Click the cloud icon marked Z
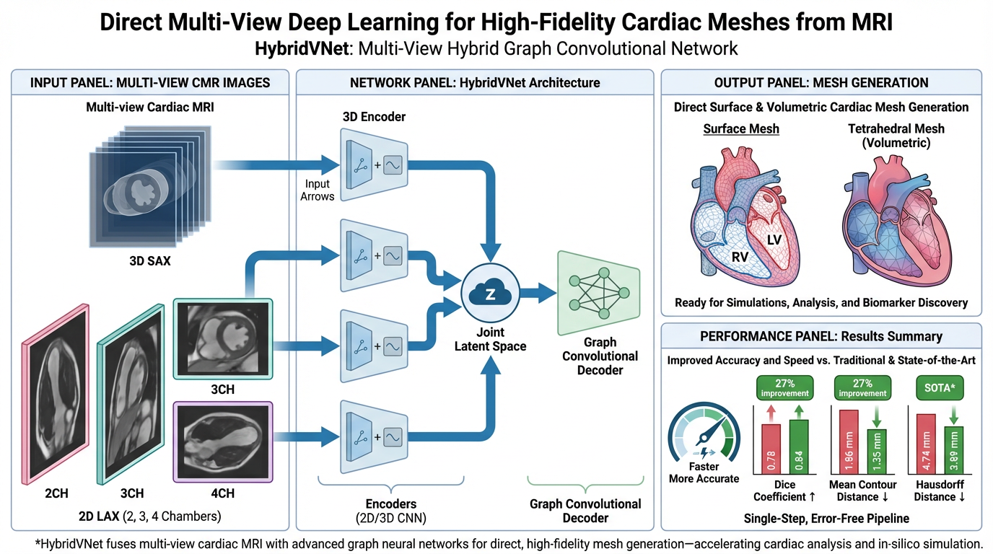(490, 293)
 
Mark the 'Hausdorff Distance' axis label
(939, 491)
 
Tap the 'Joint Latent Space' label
(490, 339)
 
